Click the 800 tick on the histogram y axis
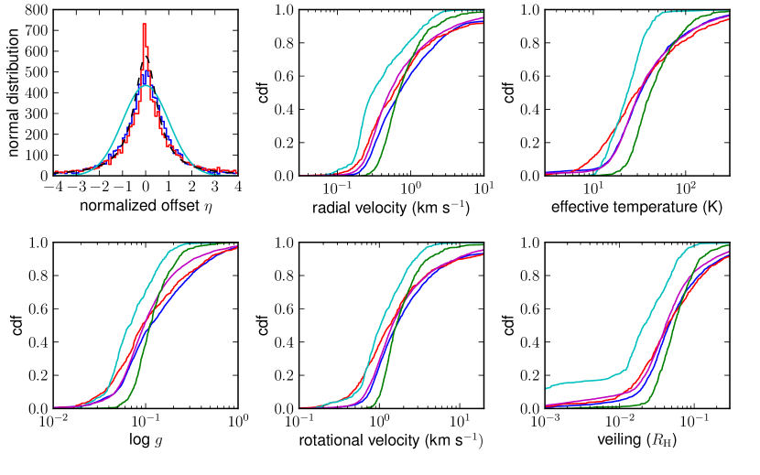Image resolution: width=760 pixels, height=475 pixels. click(x=35, y=10)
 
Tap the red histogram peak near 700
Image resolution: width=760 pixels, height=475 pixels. click(x=145, y=26)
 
